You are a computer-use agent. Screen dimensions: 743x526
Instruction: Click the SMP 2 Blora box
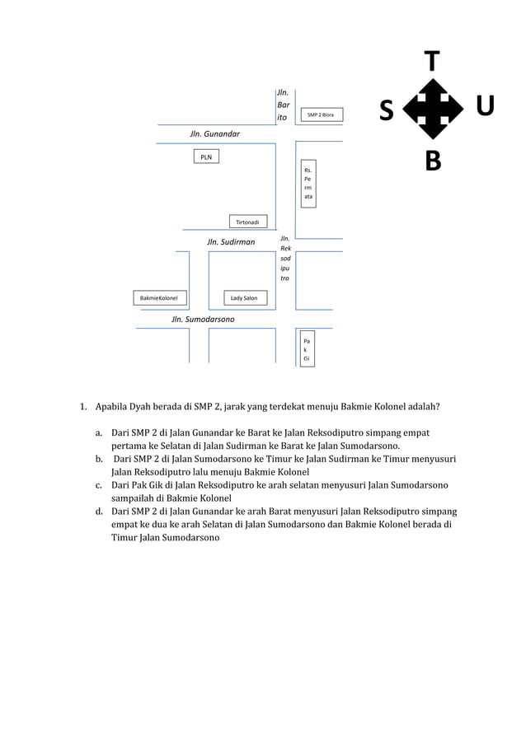coord(320,115)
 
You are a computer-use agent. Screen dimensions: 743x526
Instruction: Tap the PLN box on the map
coord(206,157)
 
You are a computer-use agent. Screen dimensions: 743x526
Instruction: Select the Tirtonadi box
coord(247,222)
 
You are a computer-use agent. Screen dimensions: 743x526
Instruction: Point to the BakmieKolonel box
coord(161,297)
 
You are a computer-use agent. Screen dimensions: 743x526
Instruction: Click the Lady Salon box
coord(244,297)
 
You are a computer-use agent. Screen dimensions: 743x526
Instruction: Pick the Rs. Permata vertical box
coord(308,183)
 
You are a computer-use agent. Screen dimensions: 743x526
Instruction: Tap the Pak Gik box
coord(307,349)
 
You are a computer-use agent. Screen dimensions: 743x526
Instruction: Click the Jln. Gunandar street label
coord(215,133)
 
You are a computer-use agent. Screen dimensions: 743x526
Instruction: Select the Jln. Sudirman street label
coord(231,242)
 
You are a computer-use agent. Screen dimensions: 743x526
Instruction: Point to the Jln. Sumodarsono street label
coord(203,319)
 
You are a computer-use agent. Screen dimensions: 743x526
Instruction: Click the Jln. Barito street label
coord(282,106)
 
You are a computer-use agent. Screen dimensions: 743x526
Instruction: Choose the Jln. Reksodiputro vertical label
coord(285,259)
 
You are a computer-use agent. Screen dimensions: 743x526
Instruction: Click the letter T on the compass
coord(432,60)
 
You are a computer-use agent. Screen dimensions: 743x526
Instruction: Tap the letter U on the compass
coord(485,106)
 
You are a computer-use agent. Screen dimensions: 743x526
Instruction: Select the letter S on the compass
coord(386,110)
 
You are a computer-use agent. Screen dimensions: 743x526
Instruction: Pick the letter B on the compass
coord(433,161)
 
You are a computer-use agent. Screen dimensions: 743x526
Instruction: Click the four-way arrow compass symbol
coord(432,110)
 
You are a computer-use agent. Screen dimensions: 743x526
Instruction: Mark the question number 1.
coord(82,406)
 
